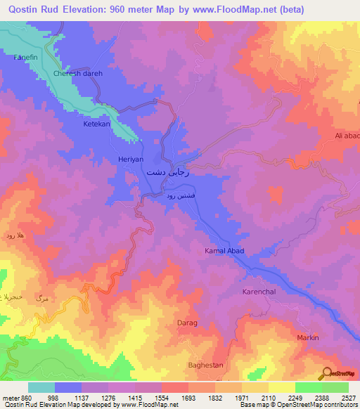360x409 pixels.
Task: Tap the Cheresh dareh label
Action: pos(78,74)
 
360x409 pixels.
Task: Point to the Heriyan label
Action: pos(130,160)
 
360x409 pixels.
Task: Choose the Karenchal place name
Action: pos(262,291)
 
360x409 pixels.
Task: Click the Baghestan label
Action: pos(205,365)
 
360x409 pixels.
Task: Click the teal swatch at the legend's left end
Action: pos(41,387)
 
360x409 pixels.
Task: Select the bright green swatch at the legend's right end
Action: pos(335,387)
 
